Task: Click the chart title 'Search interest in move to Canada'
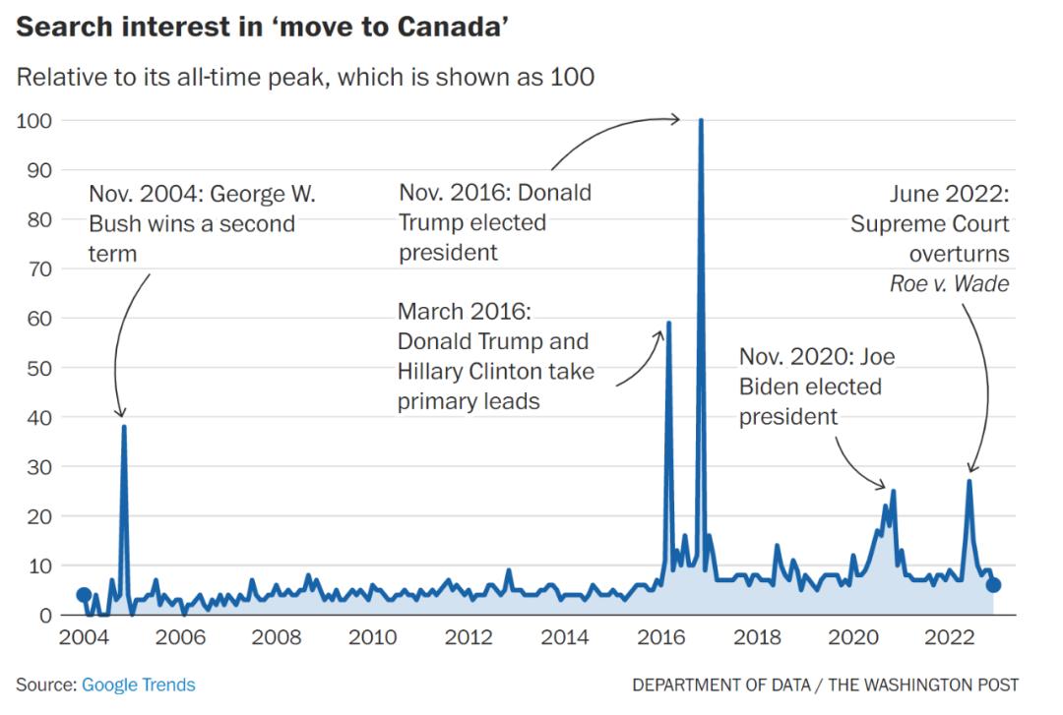point(263,27)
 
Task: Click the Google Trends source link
point(138,685)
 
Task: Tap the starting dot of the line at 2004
point(84,595)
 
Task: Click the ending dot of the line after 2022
point(994,585)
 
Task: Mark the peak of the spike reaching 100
point(701,120)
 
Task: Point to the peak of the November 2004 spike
point(124,426)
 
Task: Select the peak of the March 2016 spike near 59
point(669,323)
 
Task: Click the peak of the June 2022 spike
point(969,481)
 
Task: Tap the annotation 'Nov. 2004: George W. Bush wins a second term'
point(192,223)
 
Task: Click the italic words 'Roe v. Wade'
point(949,283)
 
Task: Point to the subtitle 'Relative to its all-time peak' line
point(305,77)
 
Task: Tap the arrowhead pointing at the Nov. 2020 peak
point(884,486)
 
